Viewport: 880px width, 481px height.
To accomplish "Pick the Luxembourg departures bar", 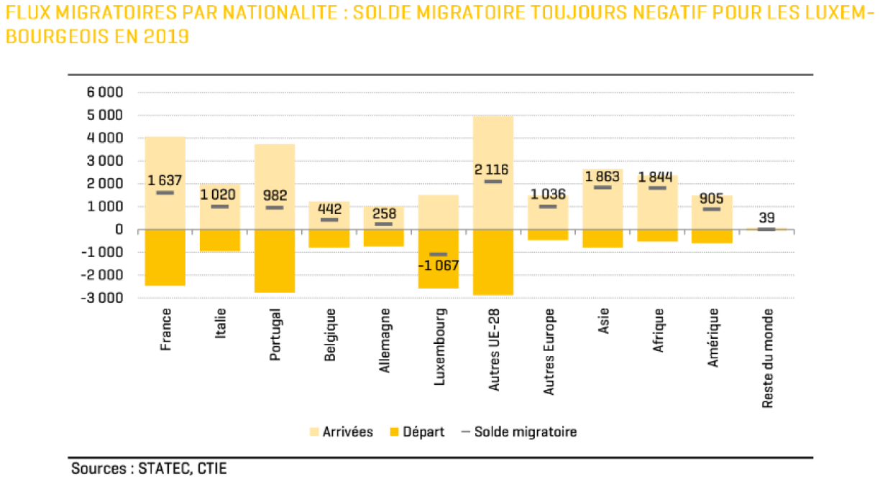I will pos(439,276).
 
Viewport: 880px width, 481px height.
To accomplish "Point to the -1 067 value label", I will pos(438,266).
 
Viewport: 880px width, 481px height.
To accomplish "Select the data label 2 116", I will pos(493,170).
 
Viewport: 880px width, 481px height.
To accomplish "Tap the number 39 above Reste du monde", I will pos(766,218).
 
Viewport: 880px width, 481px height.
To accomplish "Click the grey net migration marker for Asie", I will pos(602,187).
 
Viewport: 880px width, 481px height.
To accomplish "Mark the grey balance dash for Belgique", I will pos(329,220).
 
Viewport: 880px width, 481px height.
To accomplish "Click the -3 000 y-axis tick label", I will pos(104,298).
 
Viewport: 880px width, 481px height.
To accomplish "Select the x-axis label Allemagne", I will pos(385,340).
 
